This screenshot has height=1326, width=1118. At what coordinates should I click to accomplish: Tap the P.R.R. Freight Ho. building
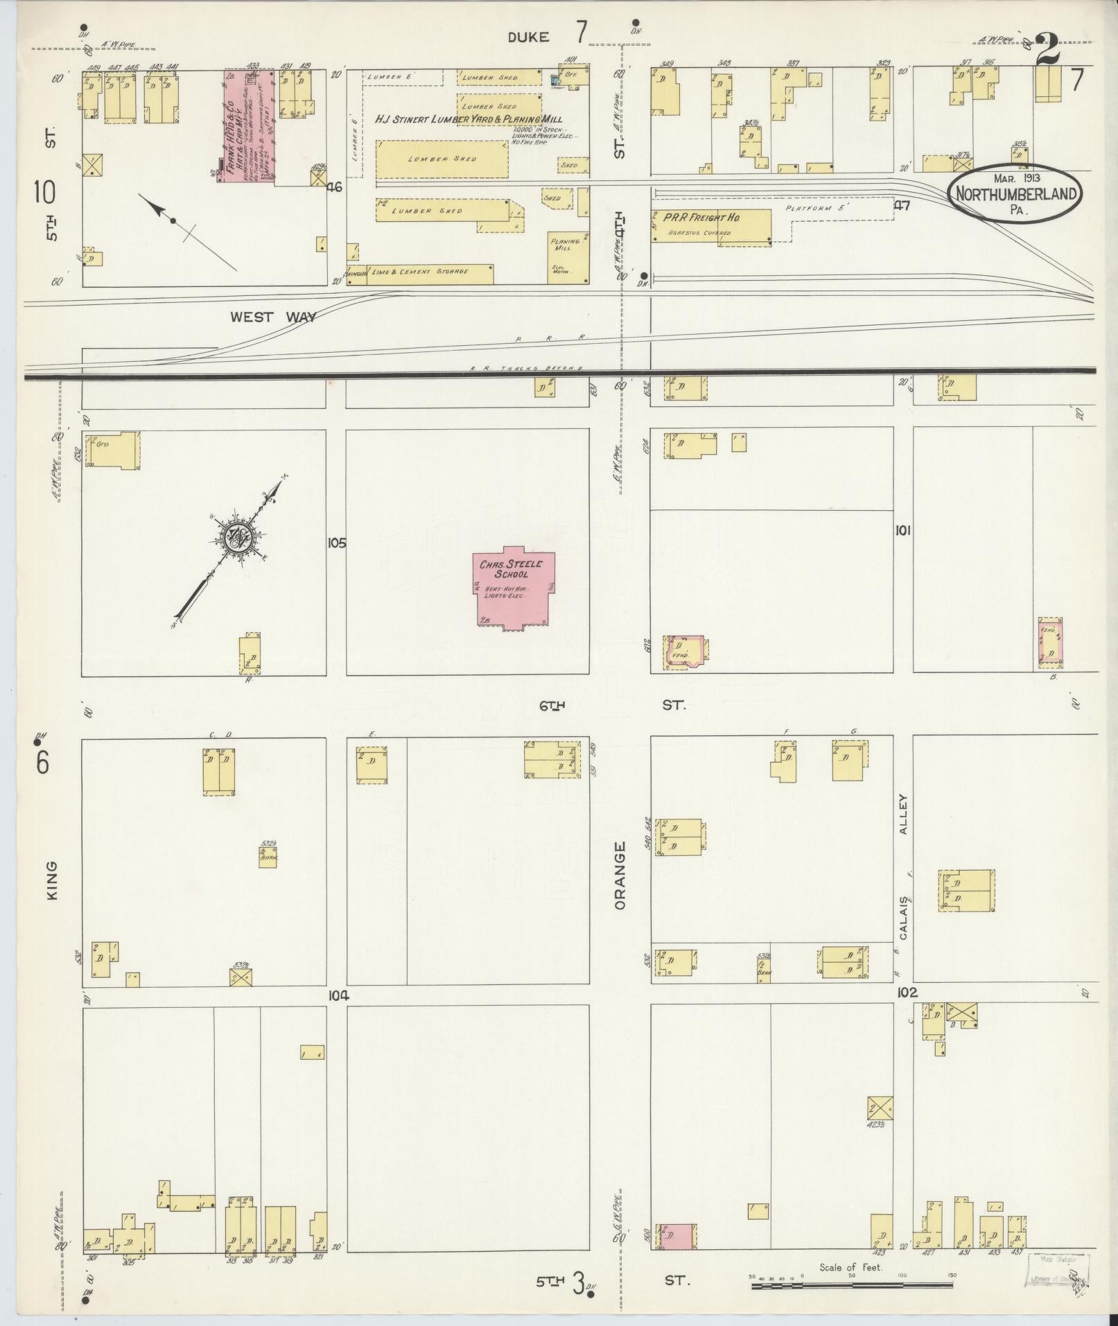[710, 226]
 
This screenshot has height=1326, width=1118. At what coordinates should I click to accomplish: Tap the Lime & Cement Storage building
[430, 273]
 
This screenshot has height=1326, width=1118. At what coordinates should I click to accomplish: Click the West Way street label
[273, 317]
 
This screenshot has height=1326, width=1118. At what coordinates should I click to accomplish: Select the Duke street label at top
[528, 37]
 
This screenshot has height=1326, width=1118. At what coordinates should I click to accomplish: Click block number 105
[336, 543]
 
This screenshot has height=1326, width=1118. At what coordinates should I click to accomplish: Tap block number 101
[902, 530]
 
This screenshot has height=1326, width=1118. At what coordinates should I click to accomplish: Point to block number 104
[338, 996]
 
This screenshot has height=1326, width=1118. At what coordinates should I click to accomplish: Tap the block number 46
[335, 186]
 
